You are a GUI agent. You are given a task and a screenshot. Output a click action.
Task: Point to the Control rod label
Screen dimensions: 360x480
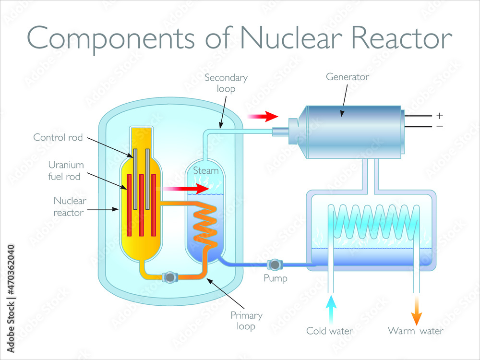tap(58, 137)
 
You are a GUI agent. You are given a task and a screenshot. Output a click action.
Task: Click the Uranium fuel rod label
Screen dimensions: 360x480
tap(66, 170)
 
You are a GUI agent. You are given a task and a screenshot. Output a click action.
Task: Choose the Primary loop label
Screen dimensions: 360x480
tap(246, 321)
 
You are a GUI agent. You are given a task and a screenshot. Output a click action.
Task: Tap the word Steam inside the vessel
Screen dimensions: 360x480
tap(205, 170)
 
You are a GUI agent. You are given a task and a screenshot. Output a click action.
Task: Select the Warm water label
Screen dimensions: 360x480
tap(416, 331)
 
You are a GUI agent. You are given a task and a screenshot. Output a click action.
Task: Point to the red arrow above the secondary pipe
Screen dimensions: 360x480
tap(263, 116)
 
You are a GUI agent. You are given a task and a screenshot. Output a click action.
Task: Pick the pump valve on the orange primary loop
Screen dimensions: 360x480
tap(170, 277)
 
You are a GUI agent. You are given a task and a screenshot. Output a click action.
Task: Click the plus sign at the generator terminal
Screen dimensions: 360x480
tap(439, 116)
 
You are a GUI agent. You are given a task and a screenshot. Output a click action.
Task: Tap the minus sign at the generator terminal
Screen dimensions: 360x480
tap(439, 127)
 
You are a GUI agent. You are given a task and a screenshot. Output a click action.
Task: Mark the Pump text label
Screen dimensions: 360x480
tap(276, 278)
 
